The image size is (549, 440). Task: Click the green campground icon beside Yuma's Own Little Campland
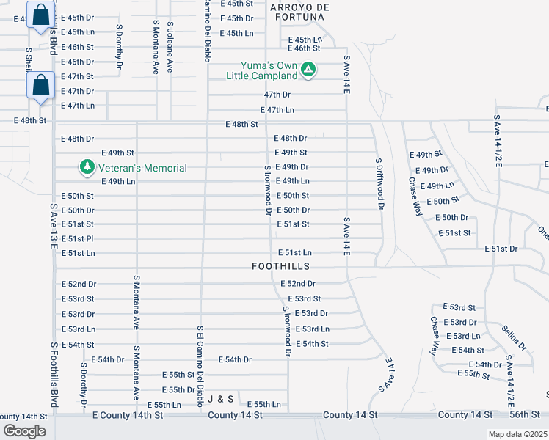(309, 70)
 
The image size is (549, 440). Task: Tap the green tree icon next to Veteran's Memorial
(87, 167)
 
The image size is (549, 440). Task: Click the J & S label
(220, 399)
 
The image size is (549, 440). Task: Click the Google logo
(24, 431)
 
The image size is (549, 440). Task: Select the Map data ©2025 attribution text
(518, 434)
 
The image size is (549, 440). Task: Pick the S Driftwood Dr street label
(379, 184)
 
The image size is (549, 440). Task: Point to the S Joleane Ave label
(170, 45)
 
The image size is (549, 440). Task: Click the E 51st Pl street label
(77, 238)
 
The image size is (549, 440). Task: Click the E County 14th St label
(122, 415)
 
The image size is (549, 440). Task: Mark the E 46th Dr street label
(77, 62)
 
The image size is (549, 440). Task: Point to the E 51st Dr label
(501, 249)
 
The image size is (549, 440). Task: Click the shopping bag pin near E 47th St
(41, 85)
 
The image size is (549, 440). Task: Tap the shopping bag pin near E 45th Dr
(41, 16)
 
